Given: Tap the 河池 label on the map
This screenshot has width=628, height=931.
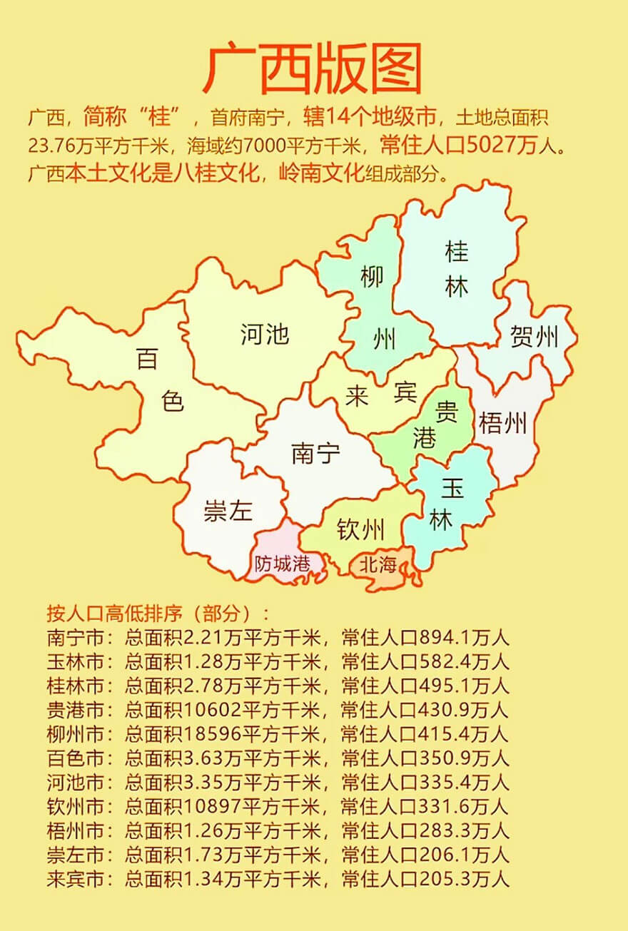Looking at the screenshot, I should pyautogui.click(x=265, y=334).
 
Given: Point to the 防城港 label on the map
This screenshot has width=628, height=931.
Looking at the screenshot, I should pyautogui.click(x=283, y=564).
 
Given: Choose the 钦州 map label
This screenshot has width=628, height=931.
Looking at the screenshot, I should pyautogui.click(x=360, y=530).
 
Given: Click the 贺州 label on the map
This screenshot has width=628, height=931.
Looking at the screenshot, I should pyautogui.click(x=534, y=337).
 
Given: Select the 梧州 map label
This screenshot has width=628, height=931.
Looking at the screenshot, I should pyautogui.click(x=502, y=424).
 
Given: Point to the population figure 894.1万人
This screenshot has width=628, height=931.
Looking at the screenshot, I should pyautogui.click(x=465, y=638).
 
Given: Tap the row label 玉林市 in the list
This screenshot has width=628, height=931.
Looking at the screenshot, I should pyautogui.click(x=74, y=661).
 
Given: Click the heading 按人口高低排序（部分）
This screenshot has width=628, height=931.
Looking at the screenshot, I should pyautogui.click(x=158, y=614).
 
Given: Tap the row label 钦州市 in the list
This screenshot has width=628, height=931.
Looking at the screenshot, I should pyautogui.click(x=74, y=806).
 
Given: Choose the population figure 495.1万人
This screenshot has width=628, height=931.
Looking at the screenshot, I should pyautogui.click(x=465, y=686).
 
